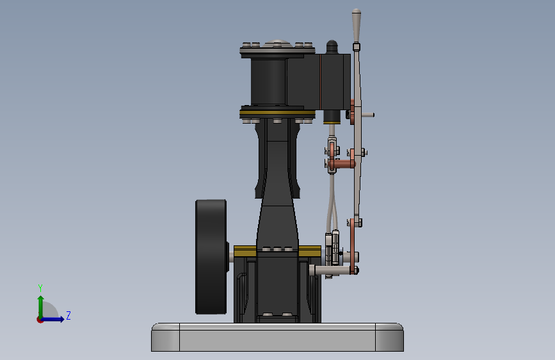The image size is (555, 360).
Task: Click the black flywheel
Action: coord(211,257)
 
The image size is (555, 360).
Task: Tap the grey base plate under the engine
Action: coord(277,337)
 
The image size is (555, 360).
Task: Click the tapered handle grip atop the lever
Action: coord(357,26)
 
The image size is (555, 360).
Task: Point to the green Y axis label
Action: coord(40,288)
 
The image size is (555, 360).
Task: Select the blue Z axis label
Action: coord(68,315)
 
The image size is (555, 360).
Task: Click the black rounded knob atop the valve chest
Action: coord(332,47)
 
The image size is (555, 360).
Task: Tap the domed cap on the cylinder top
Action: coord(278,44)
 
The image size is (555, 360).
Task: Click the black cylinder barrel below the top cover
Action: coord(268,81)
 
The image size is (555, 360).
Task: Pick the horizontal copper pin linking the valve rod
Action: coord(342,164)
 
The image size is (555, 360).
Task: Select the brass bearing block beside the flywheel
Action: coord(245,251)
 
